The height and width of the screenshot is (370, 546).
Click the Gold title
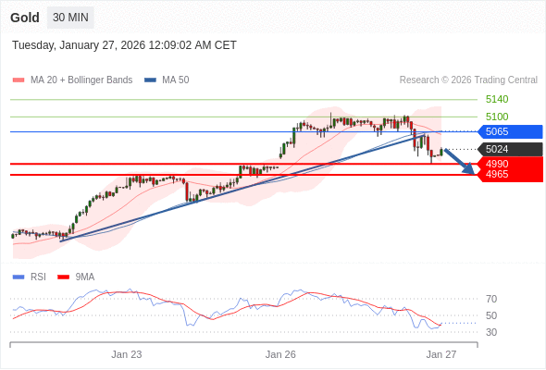pos(25,18)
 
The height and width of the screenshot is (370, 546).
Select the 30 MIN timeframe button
pos(70,18)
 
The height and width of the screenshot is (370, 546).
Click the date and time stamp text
pos(124,44)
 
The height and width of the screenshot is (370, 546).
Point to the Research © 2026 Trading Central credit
pos(468,80)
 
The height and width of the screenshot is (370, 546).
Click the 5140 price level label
pos(497,99)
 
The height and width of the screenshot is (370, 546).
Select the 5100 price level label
pos(497,117)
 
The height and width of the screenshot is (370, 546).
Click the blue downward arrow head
pos(469,169)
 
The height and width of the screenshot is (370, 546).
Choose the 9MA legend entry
pos(84,277)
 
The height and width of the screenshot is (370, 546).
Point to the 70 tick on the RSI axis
pos(491,299)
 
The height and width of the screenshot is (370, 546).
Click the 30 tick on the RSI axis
pos(491,332)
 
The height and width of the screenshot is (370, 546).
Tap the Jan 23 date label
pos(127,354)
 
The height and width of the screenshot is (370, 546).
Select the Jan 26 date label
pos(280,354)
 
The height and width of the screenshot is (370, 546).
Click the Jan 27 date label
pos(441,354)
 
